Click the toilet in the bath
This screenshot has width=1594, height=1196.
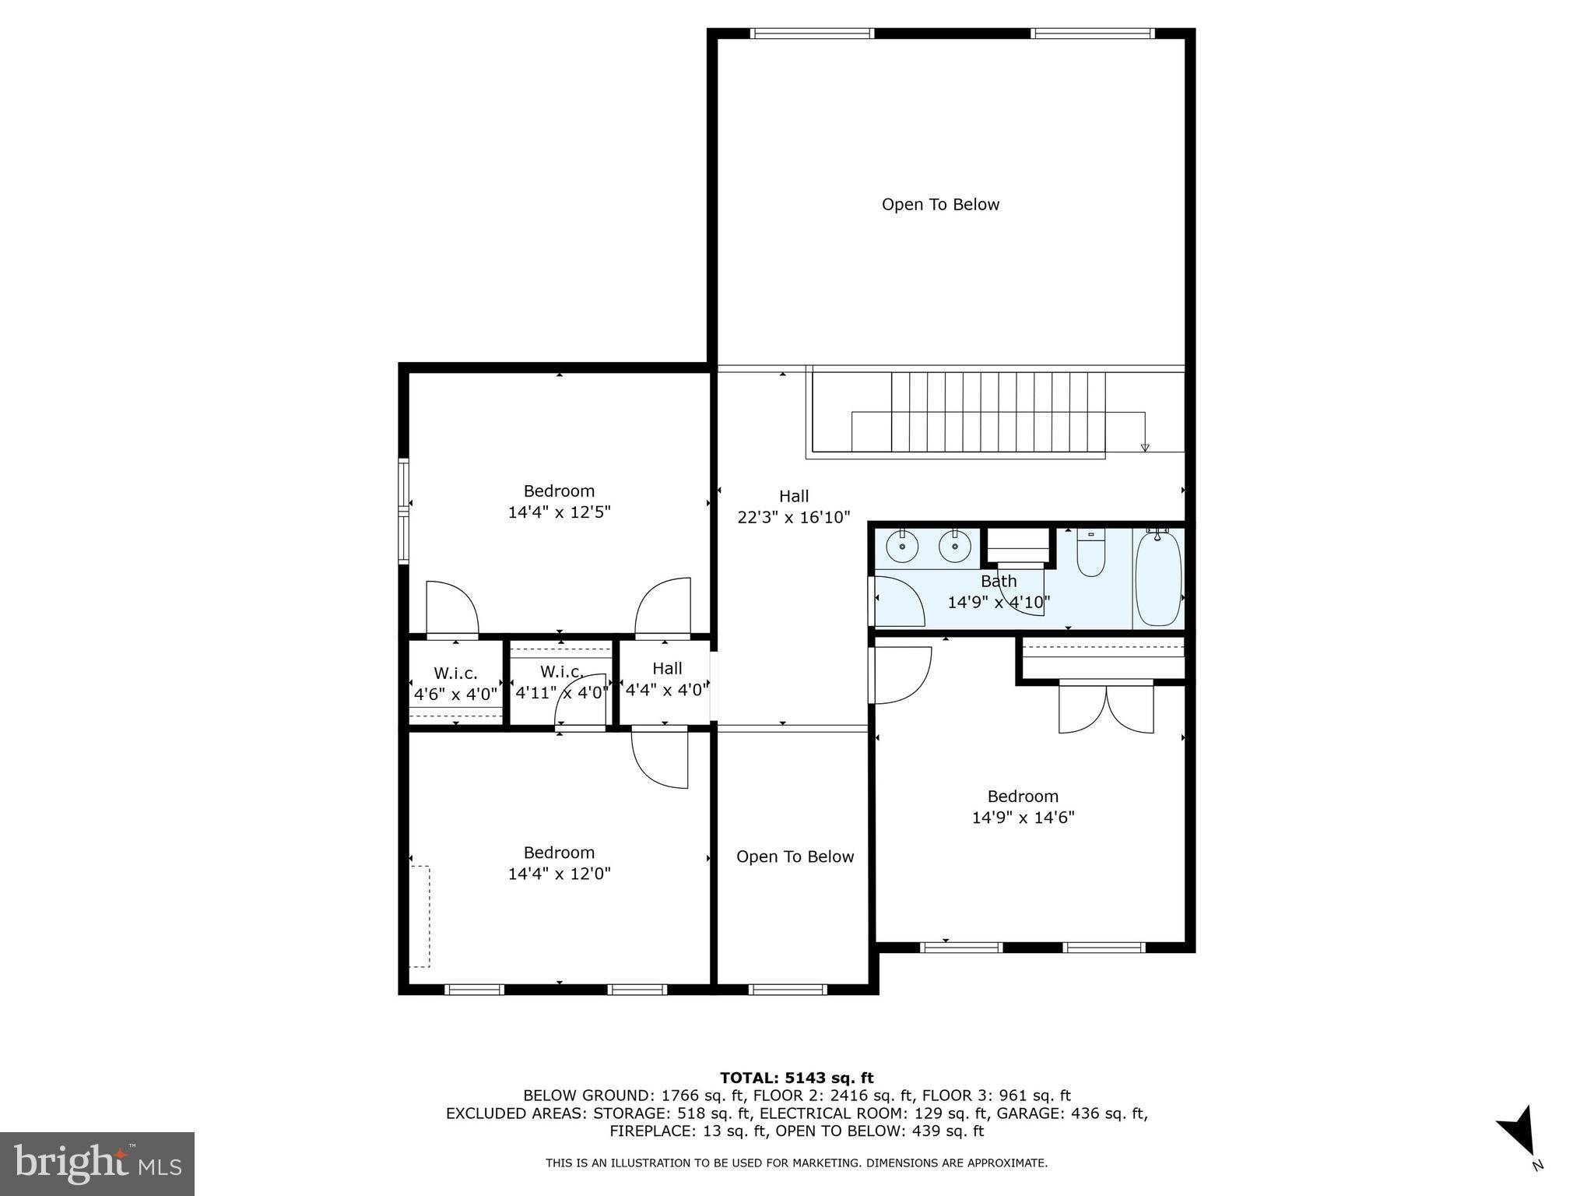point(1090,554)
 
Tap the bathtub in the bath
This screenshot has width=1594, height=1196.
point(1158,578)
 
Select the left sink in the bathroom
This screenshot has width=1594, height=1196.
point(902,547)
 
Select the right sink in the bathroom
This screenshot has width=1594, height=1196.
point(954,547)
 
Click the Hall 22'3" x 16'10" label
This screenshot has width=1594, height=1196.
point(793,506)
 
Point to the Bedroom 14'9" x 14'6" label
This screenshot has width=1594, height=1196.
point(1023,807)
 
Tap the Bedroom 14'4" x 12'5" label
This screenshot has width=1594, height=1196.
point(559,501)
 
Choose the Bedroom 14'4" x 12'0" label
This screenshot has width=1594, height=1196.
point(559,863)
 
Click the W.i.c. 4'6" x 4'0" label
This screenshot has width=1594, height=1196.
point(455,684)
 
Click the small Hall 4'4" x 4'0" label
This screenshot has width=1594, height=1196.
point(667,678)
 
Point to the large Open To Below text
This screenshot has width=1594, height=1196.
point(940,205)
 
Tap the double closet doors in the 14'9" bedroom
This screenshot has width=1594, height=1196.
point(1106,708)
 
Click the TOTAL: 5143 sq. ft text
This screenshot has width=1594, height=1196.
point(796,1078)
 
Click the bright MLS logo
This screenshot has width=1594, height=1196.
point(97,1163)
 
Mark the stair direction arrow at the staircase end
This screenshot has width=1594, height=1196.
point(1144,447)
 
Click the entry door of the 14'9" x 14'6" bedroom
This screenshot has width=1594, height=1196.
point(901,675)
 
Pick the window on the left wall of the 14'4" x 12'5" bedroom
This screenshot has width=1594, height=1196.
point(403,511)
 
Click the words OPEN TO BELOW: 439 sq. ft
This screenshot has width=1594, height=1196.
point(880,1131)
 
